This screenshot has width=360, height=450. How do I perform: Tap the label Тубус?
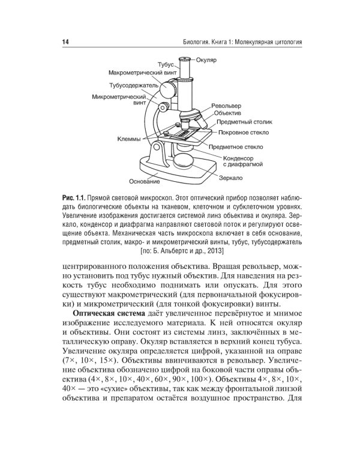click(166, 64)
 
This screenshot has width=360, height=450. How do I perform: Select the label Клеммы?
click(129, 138)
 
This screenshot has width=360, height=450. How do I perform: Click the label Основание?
click(145, 181)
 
